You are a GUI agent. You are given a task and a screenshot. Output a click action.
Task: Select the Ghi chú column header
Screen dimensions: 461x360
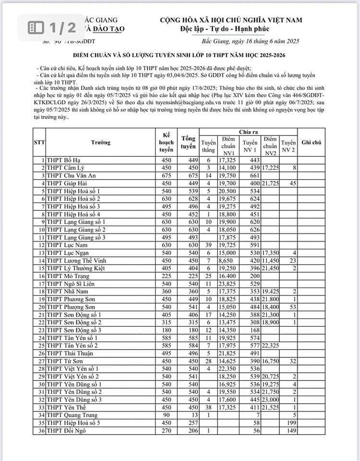pyautogui.click(x=311, y=143)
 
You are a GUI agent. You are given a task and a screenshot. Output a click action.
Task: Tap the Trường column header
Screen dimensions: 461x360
pyautogui.click(x=100, y=143)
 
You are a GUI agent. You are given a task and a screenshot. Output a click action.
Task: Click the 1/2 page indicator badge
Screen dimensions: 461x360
pyautogui.click(x=52, y=27)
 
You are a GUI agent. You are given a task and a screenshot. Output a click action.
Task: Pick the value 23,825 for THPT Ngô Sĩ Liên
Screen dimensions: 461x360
pyautogui.click(x=227, y=283)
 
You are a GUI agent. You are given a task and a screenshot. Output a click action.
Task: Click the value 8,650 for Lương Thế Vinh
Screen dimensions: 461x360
pyautogui.click(x=227, y=260)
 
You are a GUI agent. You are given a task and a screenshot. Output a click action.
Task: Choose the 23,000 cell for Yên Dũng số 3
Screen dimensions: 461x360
pyautogui.click(x=270, y=400)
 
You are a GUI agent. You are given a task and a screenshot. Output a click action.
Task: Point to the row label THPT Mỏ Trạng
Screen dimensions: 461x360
pyautogui.click(x=67, y=276)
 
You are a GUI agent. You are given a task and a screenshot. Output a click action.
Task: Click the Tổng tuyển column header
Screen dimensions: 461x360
pyautogui.click(x=189, y=143)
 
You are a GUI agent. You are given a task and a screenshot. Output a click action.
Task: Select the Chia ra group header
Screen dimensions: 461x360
pyautogui.click(x=249, y=132)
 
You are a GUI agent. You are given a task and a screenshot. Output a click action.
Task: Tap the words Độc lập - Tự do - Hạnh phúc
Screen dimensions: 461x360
pyautogui.click(x=231, y=29)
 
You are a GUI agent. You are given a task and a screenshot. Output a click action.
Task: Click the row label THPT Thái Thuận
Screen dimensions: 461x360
pyautogui.click(x=69, y=353)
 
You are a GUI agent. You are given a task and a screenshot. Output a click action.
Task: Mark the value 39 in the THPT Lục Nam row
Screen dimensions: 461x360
pyautogui.click(x=209, y=245)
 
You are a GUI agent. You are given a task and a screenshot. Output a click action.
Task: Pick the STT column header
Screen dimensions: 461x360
pyautogui.click(x=39, y=143)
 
